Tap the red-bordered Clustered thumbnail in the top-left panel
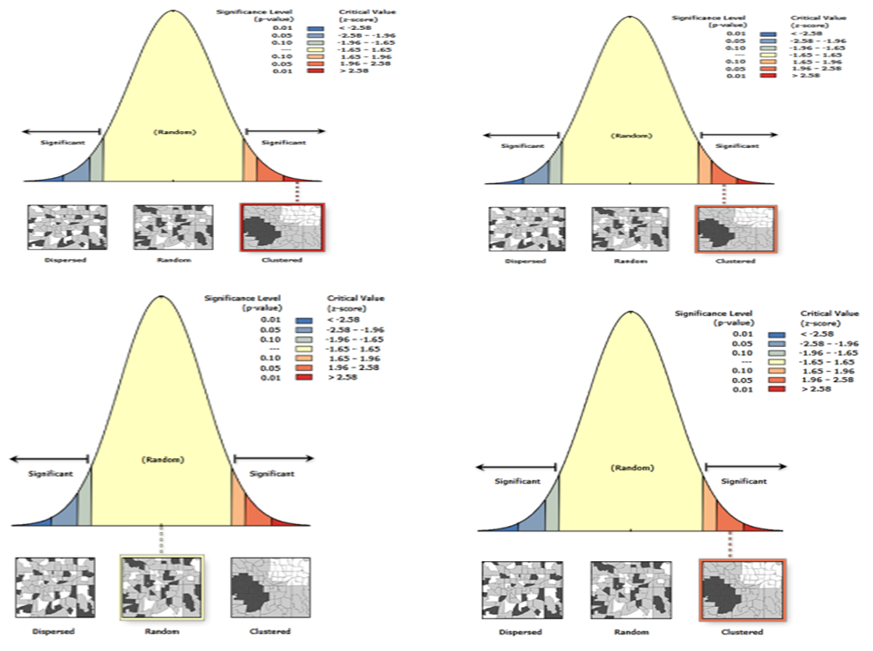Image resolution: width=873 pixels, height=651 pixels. click(283, 228)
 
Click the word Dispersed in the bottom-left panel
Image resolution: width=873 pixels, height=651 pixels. click(53, 632)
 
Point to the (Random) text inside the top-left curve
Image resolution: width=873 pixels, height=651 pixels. click(174, 132)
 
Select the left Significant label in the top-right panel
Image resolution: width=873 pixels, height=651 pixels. click(518, 146)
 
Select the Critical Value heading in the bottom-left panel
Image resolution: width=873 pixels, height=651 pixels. click(355, 302)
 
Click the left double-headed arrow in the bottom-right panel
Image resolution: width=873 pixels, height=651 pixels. click(517, 468)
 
